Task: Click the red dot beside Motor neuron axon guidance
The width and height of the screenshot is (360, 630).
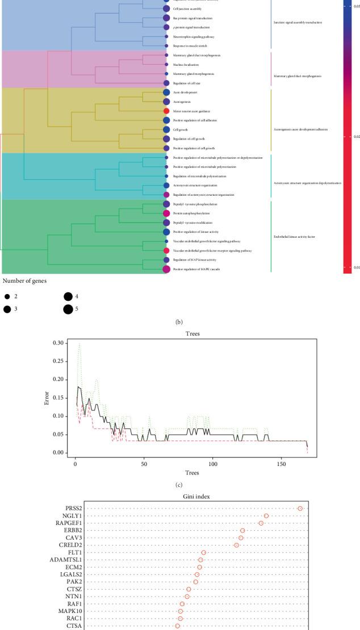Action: [x=166, y=111]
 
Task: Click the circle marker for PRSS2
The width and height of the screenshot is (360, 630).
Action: [x=300, y=509]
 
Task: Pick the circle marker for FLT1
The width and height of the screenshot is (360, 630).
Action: [x=203, y=552]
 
